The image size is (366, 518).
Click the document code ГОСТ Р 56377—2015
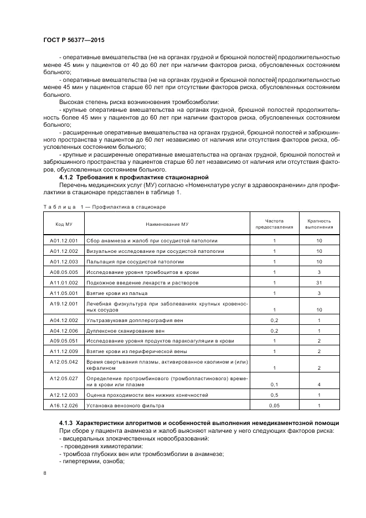click(73, 41)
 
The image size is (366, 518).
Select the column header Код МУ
click(64, 224)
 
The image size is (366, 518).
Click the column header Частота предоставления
click(274, 224)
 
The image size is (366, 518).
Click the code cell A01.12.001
click(64, 241)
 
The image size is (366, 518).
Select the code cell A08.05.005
click(64, 272)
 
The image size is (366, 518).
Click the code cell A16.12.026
click(64, 406)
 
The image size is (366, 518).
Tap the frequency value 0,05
click(274, 406)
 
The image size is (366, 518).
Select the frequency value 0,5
click(274, 395)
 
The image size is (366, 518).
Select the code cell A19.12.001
click(64, 304)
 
